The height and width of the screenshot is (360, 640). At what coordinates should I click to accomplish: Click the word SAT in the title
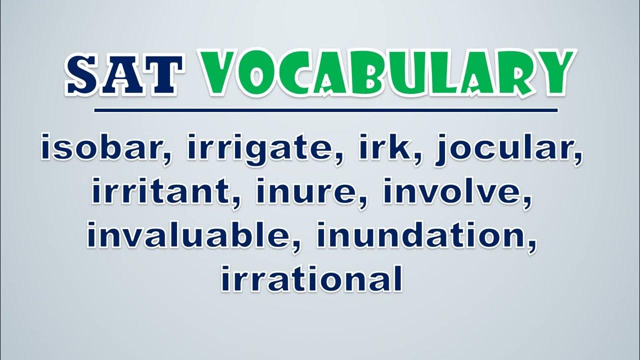[124, 74]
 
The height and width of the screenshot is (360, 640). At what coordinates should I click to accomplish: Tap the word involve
[453, 192]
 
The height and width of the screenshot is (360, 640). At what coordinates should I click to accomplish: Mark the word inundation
[422, 235]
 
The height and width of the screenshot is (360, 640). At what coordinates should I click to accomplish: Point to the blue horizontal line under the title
[325, 110]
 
